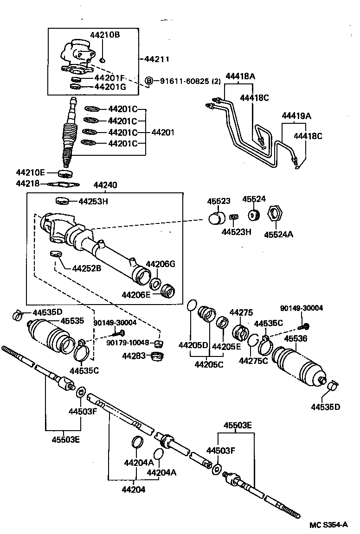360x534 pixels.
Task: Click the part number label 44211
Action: click(157, 59)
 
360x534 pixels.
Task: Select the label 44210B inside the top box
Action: click(105, 35)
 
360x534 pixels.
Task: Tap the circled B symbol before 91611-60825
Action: click(149, 81)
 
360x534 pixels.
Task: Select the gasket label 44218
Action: click(26, 184)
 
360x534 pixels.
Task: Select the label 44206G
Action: click(161, 264)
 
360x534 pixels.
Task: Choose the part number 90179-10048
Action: click(128, 343)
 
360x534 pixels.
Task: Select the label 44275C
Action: click(253, 361)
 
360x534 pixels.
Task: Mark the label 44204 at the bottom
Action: click(134, 489)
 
